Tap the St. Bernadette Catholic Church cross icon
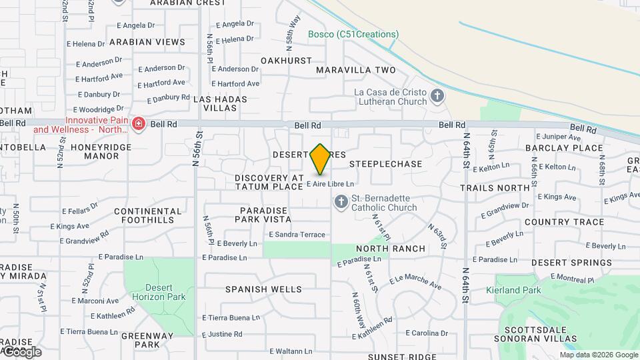tap(341, 201)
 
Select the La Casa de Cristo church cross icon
tap(437, 96)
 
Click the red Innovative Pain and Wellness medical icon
tap(139, 124)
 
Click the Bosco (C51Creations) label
tap(353, 34)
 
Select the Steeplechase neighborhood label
tap(386, 164)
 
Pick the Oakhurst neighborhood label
tap(287, 61)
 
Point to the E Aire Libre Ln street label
tap(329, 183)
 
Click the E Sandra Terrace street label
tap(297, 235)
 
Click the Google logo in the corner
tap(21, 351)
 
